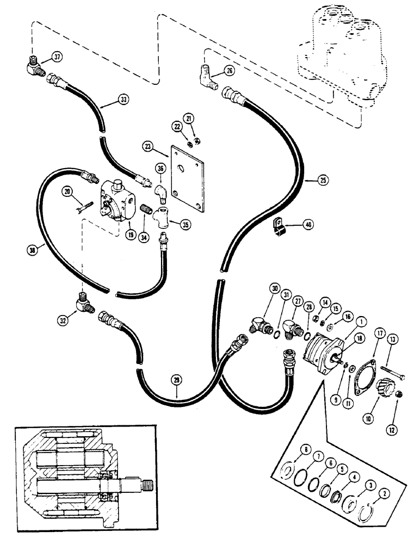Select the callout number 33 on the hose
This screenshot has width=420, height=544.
coord(125,100)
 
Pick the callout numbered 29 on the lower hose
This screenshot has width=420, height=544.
coord(175,382)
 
